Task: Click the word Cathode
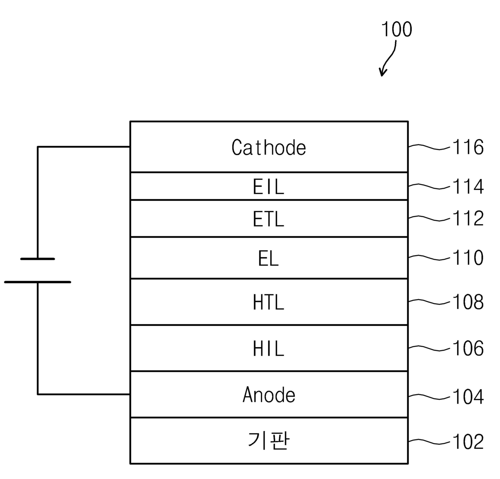pos(269,148)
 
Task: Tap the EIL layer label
pos(269,187)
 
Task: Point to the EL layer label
pos(268,258)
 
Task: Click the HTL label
pos(269,302)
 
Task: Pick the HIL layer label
pos(269,348)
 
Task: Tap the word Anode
pos(269,394)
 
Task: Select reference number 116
pos(468,147)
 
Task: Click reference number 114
pos(468,187)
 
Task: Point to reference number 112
pos(468,218)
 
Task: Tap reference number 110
pos(468,258)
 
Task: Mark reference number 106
pos(468,348)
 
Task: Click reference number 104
pos(468,397)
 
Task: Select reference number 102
pos(468,442)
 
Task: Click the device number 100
pos(397,29)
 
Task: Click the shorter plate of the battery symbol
pos(37,259)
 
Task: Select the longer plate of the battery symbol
pos(37,282)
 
